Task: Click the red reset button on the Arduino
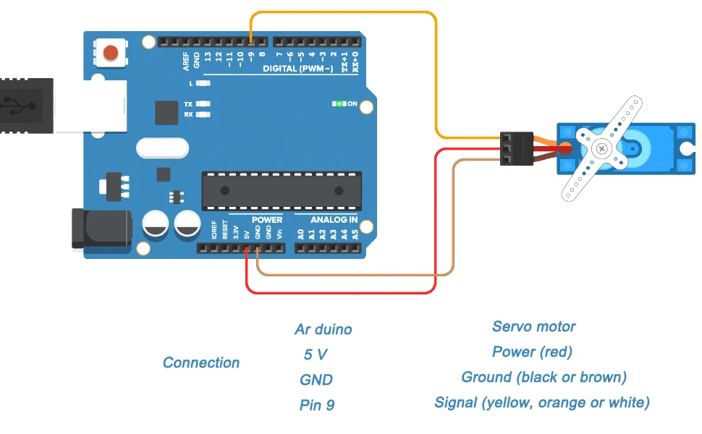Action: coord(111,53)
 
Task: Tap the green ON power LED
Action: coord(338,104)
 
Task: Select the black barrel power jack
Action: coord(101,228)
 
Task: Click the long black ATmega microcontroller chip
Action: coord(282,190)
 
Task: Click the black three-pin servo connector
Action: coord(517,148)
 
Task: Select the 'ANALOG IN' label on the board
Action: coord(334,219)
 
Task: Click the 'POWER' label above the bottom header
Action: coord(267,219)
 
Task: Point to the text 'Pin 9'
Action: coord(317,405)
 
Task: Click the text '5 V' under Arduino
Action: coord(316,354)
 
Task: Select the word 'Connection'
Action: coord(201,362)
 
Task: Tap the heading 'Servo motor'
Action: coord(534,326)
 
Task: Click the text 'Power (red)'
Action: coord(532,352)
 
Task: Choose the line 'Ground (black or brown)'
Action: coord(544,377)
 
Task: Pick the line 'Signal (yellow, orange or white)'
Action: coord(542,402)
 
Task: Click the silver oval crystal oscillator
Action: coord(163,149)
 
